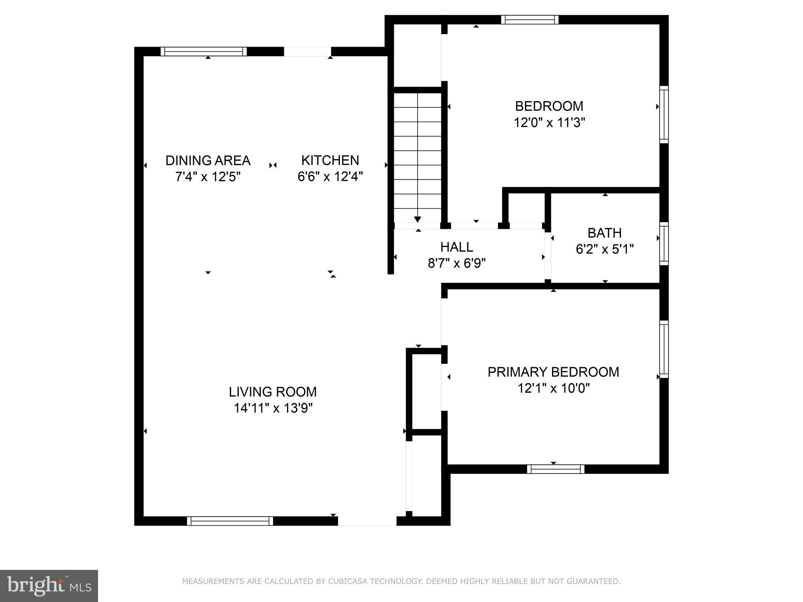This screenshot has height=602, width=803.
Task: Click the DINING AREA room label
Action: (x=208, y=160)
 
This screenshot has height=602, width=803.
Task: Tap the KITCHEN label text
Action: (x=330, y=160)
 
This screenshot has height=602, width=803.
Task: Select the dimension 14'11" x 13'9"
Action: (x=273, y=408)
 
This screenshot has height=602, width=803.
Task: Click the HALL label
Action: (x=456, y=247)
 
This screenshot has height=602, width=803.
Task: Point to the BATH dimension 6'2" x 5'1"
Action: (x=605, y=249)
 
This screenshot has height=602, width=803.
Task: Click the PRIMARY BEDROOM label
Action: (x=553, y=372)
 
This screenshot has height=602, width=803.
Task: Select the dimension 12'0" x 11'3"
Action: (x=549, y=123)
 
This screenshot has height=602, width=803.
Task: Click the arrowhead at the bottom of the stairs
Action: (x=418, y=219)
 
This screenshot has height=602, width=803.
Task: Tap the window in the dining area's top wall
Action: (x=203, y=51)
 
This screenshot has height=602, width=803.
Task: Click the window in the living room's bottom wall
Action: (x=230, y=521)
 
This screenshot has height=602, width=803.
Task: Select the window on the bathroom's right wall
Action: (x=664, y=244)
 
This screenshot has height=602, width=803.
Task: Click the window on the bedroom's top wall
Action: (x=530, y=20)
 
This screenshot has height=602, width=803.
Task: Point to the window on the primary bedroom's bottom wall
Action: (x=556, y=469)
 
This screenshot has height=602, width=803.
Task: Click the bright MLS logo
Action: (x=49, y=586)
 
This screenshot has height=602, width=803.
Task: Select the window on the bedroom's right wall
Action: (x=664, y=114)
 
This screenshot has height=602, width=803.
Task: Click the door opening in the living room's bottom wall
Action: (x=367, y=521)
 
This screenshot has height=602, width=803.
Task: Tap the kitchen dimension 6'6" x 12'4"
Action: (x=330, y=177)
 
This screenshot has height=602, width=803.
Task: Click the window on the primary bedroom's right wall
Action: (x=664, y=349)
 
